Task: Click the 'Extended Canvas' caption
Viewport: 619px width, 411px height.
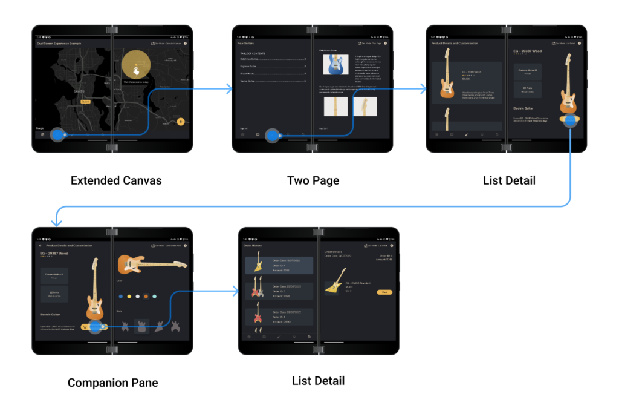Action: pyautogui.click(x=116, y=180)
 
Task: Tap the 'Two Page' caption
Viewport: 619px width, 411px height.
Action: pyautogui.click(x=313, y=180)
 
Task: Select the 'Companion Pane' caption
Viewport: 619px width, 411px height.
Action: pyautogui.click(x=112, y=383)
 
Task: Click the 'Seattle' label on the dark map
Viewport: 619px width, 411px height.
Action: pyautogui.click(x=79, y=91)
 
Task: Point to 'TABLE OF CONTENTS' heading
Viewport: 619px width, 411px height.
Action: pyautogui.click(x=253, y=54)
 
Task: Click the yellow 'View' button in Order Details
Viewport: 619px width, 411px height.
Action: pyautogui.click(x=384, y=292)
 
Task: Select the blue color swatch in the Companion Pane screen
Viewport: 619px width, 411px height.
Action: pyautogui.click(x=121, y=296)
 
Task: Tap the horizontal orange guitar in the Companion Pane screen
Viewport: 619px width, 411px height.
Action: pyautogui.click(x=152, y=263)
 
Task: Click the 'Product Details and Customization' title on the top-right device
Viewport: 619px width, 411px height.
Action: pyautogui.click(x=454, y=44)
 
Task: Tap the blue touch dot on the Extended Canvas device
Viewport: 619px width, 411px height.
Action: pyautogui.click(x=59, y=135)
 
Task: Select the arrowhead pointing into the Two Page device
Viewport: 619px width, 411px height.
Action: pyautogui.click(x=229, y=90)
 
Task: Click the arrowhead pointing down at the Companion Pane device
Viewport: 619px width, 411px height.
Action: pyautogui.click(x=56, y=222)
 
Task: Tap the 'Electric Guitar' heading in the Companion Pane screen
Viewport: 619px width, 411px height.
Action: pyautogui.click(x=53, y=315)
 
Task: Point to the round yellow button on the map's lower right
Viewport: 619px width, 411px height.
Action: pyautogui.click(x=181, y=122)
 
